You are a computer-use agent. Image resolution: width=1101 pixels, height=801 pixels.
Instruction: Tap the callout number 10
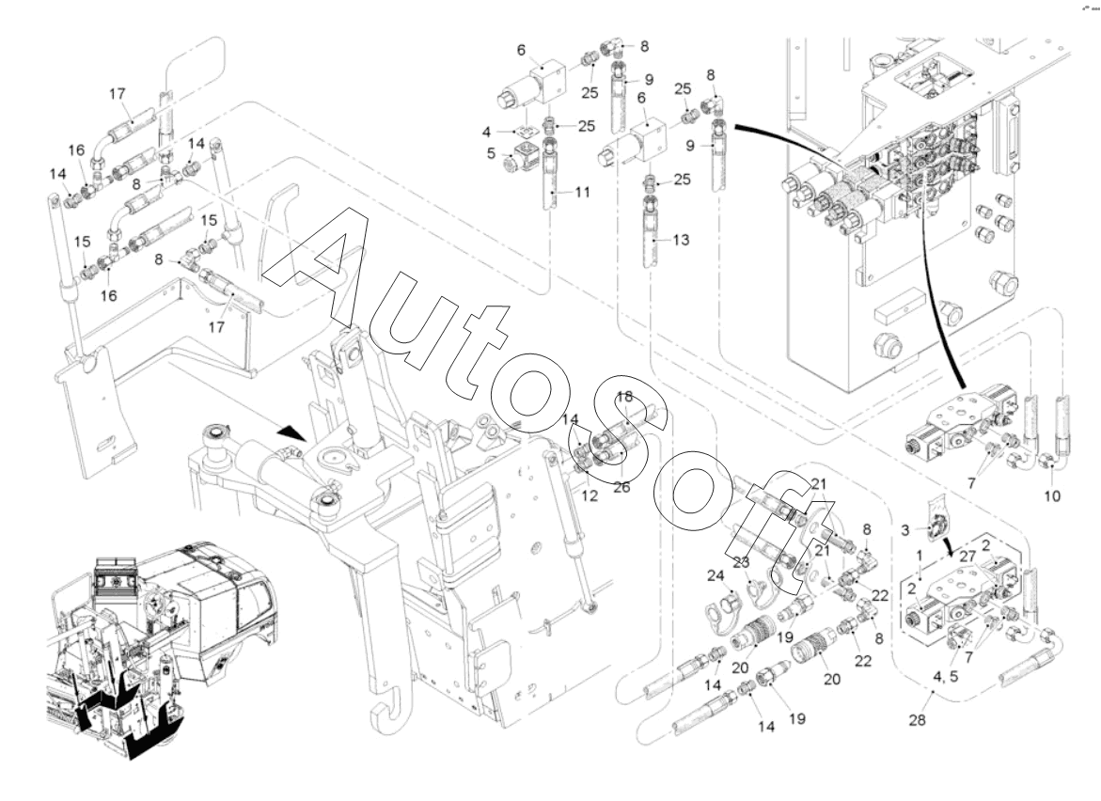click(1050, 495)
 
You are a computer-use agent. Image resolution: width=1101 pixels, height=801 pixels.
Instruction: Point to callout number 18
click(626, 397)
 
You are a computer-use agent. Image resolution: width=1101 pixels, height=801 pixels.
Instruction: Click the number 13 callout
click(681, 241)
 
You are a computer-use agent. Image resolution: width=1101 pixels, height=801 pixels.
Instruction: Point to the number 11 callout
click(583, 192)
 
